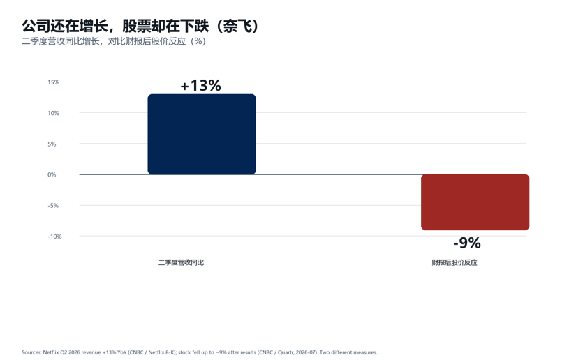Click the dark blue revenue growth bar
202,134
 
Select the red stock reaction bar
475,202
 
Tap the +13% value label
200,86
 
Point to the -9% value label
467,243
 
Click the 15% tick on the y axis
53,82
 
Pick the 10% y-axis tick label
53,113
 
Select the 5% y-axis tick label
52,144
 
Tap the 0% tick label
52,174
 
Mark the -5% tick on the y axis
53,206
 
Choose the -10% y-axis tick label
54,237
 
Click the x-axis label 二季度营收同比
181,262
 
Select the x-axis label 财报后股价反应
455,262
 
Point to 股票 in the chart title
136,26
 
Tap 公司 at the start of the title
36,26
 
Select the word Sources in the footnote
31,352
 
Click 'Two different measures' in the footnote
348,352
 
